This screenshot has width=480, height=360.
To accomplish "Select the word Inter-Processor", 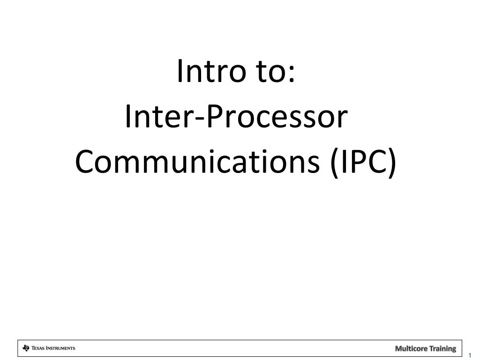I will pyautogui.click(x=237, y=118).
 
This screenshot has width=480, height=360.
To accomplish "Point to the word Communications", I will pyautogui.click(x=198, y=162).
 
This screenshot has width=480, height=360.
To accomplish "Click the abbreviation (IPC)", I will pyautogui.click(x=363, y=162).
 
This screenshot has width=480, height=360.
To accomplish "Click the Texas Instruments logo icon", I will pyautogui.click(x=26, y=348).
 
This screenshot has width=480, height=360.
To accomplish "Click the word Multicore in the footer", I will pyautogui.click(x=410, y=348).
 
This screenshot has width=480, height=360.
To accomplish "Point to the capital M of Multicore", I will pyautogui.click(x=398, y=348).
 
